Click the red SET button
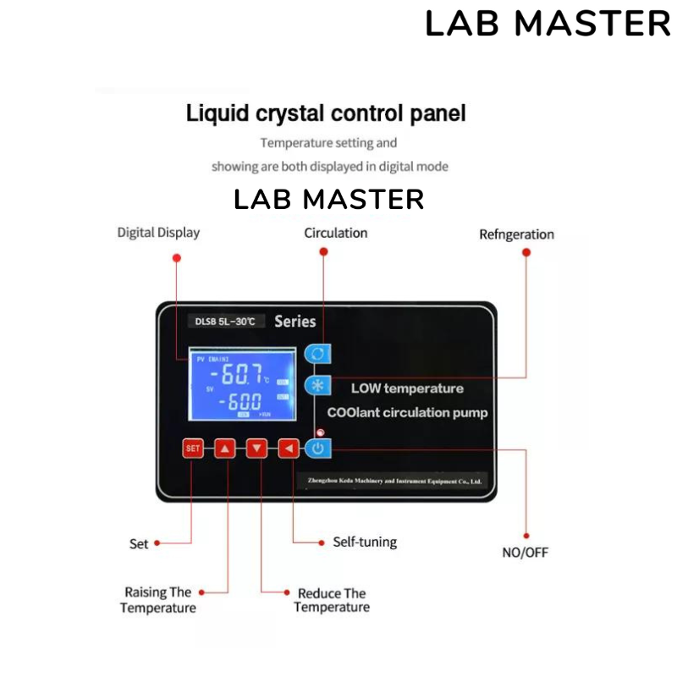[193, 449]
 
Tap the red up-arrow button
[224, 449]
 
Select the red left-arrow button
[289, 449]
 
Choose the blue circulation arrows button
[318, 353]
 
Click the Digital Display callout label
[158, 233]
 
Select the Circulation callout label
[336, 233]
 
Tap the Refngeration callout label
[516, 234]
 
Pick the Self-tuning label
[365, 542]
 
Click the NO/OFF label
[526, 553]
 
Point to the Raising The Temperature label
[158, 600]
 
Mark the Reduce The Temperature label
[332, 600]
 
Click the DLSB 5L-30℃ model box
[224, 322]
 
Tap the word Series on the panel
[295, 322]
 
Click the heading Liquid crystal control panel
[326, 113]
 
